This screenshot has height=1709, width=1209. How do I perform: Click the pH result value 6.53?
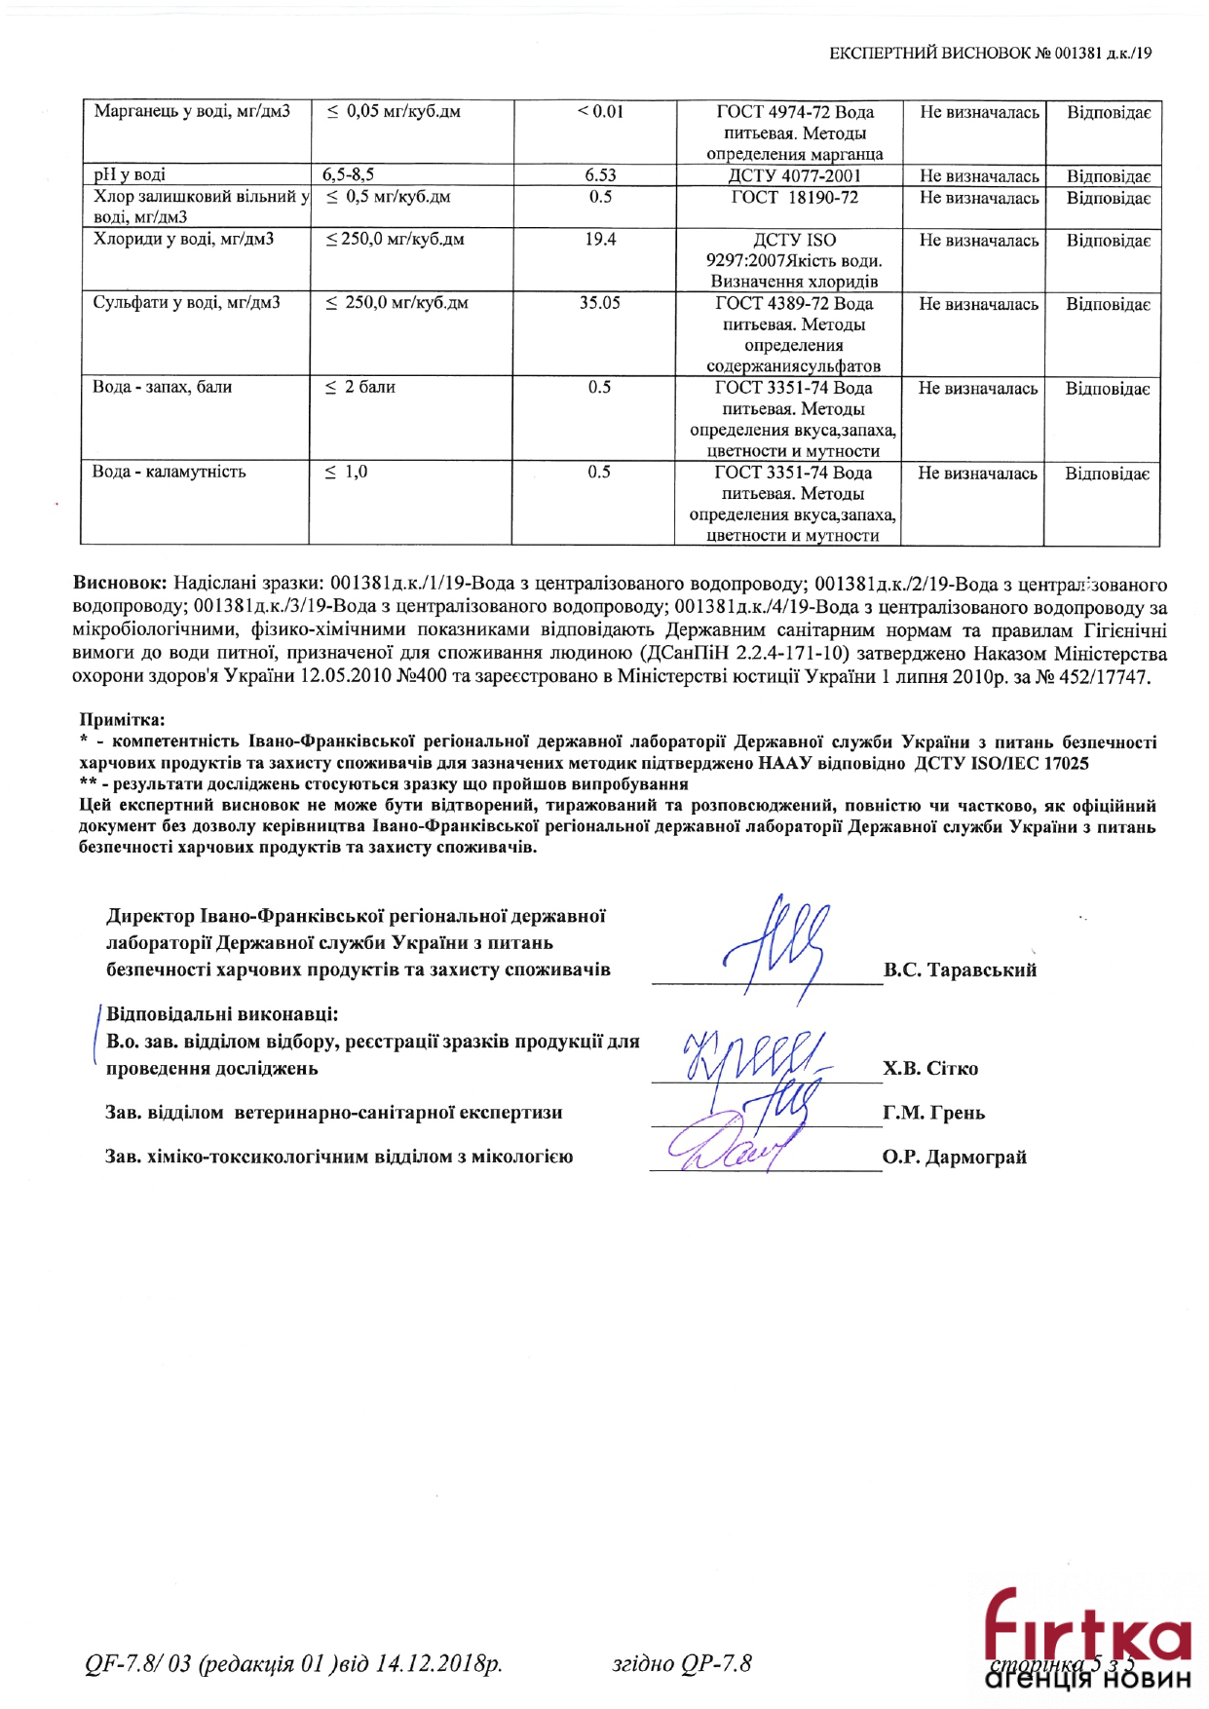coord(600,175)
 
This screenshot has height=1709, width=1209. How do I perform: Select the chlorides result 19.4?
coord(600,240)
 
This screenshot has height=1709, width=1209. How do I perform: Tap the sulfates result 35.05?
coord(599,303)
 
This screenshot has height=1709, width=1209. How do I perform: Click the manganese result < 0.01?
coord(600,112)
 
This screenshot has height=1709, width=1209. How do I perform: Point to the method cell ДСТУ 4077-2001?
coord(794,176)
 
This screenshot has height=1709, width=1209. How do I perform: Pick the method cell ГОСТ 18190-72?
coord(795,198)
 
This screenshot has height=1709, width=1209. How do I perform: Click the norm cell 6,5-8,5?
coord(349,175)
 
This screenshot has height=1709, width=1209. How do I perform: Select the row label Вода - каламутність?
coord(169,472)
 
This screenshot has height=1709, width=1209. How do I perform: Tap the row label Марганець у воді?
coord(192,111)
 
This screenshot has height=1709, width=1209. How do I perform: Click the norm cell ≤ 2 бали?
coord(360,388)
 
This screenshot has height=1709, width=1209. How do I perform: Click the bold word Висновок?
coord(120,583)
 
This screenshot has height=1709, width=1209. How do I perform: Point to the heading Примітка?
coord(123,720)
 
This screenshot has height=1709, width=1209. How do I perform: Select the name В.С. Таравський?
coord(960,970)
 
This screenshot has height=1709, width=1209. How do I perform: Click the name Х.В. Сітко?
coord(930,1069)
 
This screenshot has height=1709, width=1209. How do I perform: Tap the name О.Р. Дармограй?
coord(955,1158)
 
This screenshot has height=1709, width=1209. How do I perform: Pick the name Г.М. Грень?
coord(933,1113)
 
